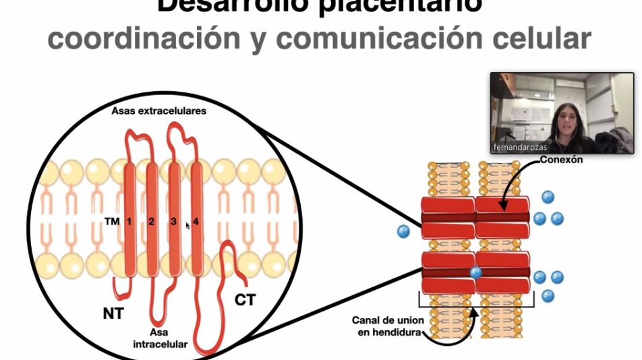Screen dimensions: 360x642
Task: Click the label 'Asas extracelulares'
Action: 158,111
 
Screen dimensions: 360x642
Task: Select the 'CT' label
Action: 245,299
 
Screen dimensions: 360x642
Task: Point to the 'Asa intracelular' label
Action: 160,339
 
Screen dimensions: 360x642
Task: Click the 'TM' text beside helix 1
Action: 111,221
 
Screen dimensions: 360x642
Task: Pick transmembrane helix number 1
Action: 129,221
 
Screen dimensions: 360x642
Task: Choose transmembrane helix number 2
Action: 152,221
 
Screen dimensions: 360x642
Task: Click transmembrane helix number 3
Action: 174,221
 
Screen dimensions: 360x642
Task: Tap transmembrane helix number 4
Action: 196,221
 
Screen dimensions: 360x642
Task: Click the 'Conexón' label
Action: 562,160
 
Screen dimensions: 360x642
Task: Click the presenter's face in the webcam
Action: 563,122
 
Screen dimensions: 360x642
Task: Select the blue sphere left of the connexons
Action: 403,231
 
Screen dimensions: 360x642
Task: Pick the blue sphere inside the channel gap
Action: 475,272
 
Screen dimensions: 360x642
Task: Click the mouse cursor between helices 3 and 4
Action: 187,225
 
